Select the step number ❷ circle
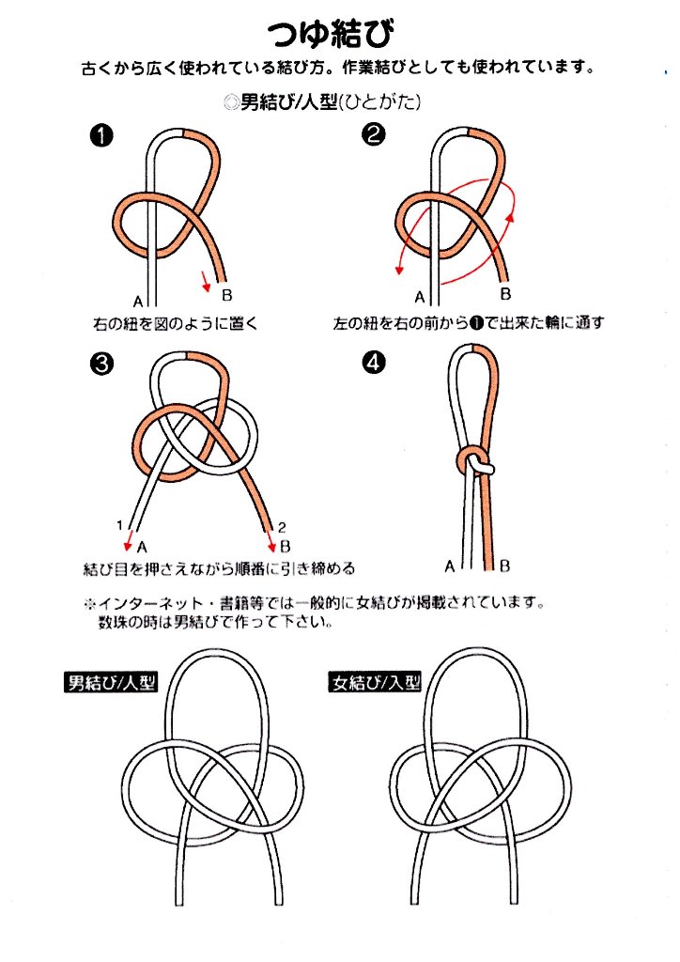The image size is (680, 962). (374, 137)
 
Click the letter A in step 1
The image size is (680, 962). (138, 302)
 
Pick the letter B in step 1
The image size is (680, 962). (227, 292)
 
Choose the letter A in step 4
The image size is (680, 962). (449, 566)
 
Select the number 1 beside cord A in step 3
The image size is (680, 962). (119, 526)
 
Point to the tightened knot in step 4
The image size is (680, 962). (475, 461)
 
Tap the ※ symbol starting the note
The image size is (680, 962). (90, 601)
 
